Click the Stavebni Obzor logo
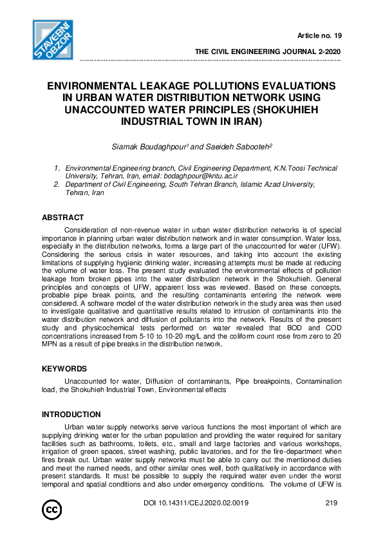(54, 40)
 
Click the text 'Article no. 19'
(319, 34)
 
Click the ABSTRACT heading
(62, 218)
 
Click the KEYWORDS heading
(64, 370)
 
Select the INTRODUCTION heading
(71, 415)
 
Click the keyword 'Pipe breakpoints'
(261, 382)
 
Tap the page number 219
(332, 503)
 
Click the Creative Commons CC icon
(52, 510)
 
